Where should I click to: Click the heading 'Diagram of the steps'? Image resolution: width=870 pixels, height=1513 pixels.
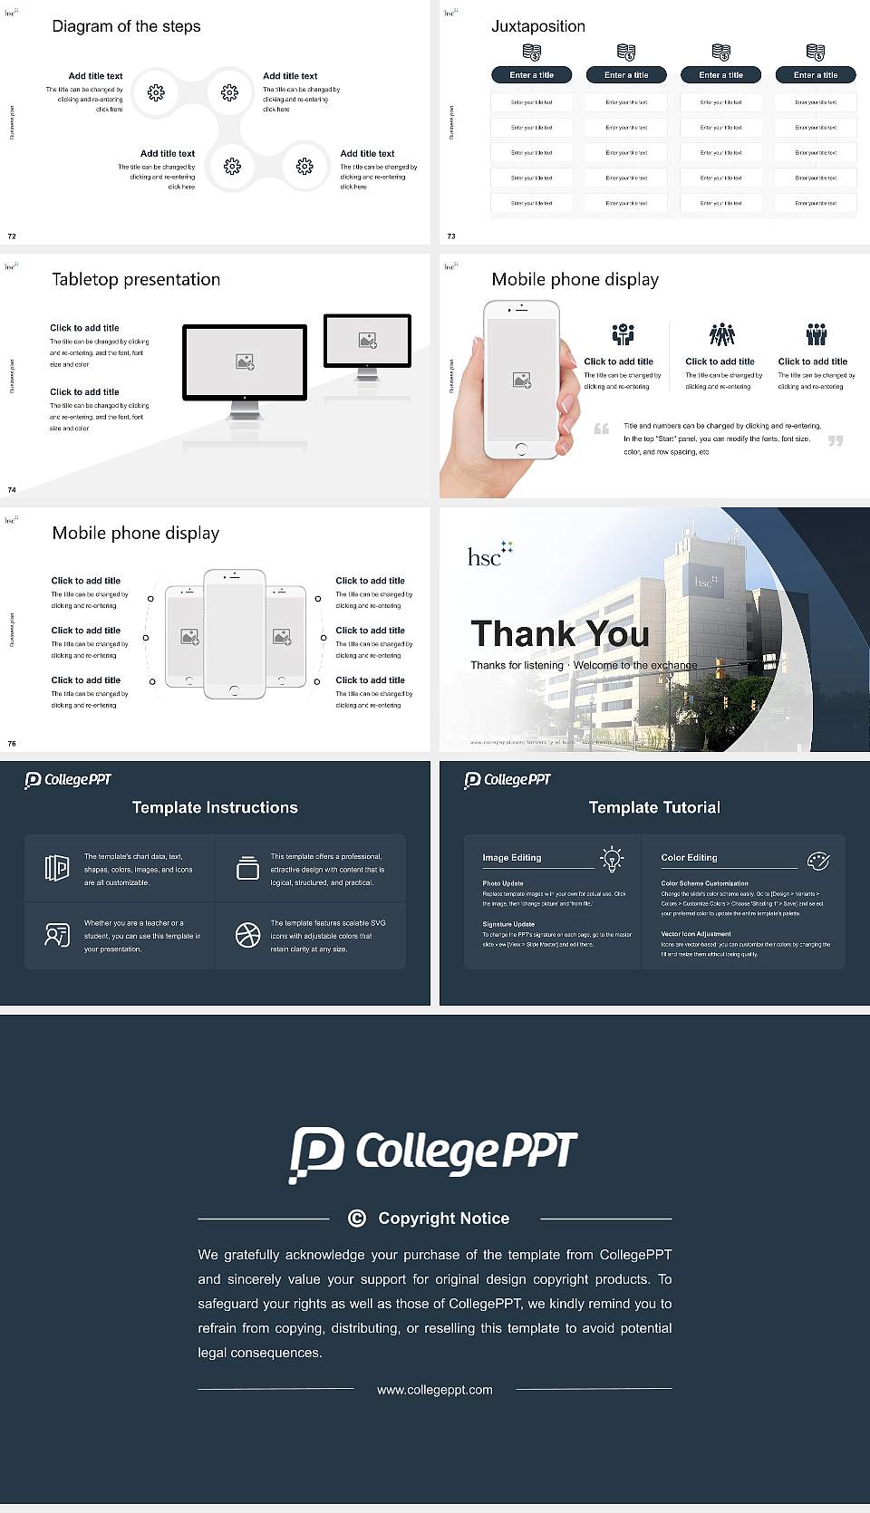126,26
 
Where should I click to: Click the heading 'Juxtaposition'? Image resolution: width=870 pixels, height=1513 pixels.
537,26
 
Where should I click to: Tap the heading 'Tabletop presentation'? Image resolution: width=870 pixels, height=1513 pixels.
136,279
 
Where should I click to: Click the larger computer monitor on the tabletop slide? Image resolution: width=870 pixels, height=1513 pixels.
245,362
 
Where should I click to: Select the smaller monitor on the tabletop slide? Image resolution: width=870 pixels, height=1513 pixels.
367,341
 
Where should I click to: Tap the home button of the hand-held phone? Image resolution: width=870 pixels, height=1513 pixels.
520,448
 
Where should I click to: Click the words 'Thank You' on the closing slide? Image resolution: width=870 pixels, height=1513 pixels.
559,633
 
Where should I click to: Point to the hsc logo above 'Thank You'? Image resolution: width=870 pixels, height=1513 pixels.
489,554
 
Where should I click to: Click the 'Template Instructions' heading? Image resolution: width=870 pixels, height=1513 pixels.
215,807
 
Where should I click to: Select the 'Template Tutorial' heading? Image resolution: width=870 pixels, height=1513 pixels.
654,807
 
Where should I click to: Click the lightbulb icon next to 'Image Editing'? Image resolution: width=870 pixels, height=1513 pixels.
612,859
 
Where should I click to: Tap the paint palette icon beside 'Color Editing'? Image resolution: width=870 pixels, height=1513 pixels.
817,860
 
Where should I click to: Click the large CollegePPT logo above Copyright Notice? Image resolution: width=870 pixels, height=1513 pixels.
433,1153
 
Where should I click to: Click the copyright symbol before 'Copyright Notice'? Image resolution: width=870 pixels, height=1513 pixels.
357,1219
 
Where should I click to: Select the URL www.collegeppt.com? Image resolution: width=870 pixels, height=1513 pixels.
435,1390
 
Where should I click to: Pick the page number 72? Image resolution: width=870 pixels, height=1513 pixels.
12,236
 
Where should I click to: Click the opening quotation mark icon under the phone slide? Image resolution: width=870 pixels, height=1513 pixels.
601,429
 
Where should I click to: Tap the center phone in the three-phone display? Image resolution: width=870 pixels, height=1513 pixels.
234,633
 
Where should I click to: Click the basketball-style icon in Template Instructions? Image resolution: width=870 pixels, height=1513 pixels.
247,935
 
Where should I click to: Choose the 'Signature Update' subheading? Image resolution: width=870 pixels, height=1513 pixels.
508,924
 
